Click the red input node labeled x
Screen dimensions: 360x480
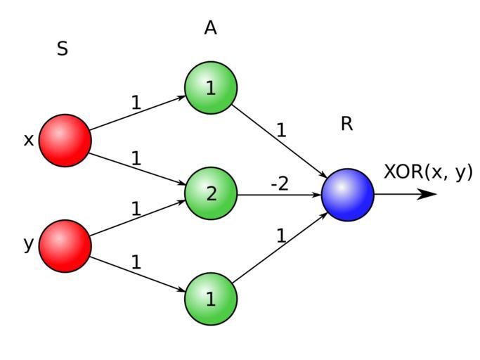(x=65, y=140)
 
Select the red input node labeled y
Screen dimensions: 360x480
(x=65, y=245)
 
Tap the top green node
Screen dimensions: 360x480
(x=211, y=88)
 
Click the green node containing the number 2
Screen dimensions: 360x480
(x=211, y=193)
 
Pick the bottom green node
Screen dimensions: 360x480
(x=211, y=299)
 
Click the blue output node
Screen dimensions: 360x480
(x=348, y=195)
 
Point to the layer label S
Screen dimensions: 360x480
(x=63, y=49)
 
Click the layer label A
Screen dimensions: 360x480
(x=210, y=28)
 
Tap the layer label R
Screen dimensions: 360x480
(x=346, y=124)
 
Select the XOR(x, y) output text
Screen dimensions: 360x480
(x=428, y=172)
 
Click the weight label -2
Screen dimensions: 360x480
(x=280, y=184)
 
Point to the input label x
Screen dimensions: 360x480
(x=29, y=140)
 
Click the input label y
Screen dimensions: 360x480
(x=29, y=245)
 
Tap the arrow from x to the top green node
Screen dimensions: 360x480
(x=138, y=113)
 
